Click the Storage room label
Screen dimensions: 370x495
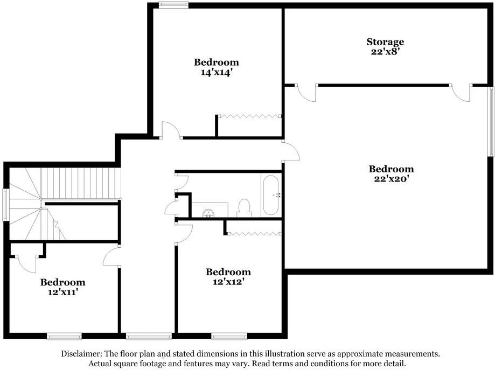385,42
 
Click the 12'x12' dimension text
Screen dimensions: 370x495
228,281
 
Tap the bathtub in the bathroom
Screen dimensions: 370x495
270,194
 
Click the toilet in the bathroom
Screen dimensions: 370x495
245,208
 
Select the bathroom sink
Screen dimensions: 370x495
209,212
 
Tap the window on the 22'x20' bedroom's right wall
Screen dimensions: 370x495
491,122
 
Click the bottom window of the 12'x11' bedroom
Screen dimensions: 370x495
64,337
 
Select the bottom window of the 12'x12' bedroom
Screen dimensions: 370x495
221,337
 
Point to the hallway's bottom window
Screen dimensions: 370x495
149,337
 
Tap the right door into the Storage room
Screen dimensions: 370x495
462,92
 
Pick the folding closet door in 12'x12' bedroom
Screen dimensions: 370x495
253,233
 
